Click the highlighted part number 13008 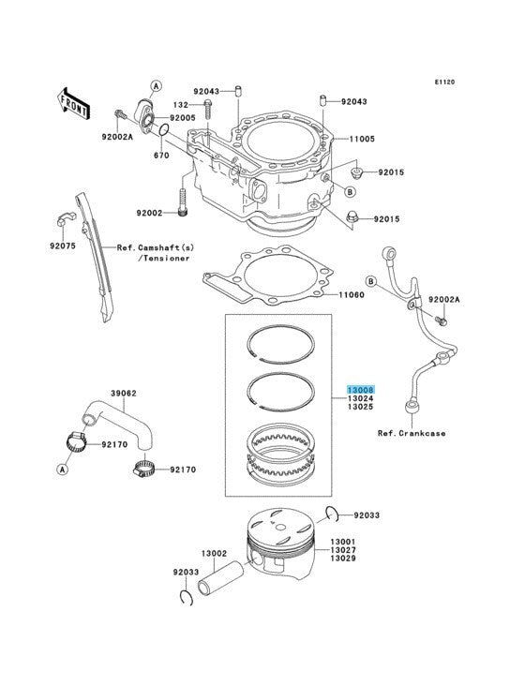[361, 390]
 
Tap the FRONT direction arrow [73, 104]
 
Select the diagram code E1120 [444, 82]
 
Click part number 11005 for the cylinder [362, 139]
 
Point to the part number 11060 [352, 295]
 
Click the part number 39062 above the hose [124, 394]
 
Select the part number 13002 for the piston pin [214, 554]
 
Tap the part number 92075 [63, 246]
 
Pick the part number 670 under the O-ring [161, 156]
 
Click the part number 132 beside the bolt [181, 105]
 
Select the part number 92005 [183, 118]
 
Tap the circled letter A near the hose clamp [63, 470]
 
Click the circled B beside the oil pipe [371, 281]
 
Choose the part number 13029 [343, 559]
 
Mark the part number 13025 [361, 407]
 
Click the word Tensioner [167, 259]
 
